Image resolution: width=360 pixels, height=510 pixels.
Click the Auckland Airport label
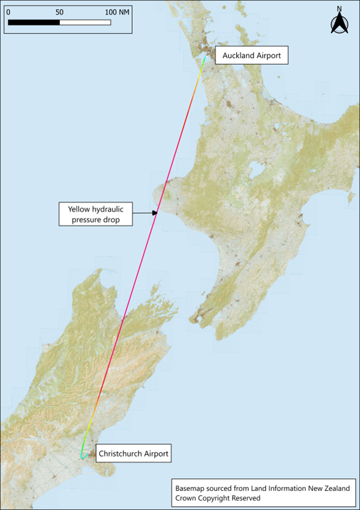pyautogui.click(x=251, y=56)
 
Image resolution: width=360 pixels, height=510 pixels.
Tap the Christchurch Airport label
pyautogui.click(x=133, y=454)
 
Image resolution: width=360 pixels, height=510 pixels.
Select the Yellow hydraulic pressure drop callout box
pyautogui.click(x=96, y=213)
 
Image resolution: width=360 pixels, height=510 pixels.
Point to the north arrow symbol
pyautogui.click(x=339, y=24)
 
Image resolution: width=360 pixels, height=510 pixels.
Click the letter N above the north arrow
pyautogui.click(x=339, y=9)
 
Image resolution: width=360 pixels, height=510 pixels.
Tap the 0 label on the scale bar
pyautogui.click(x=7, y=12)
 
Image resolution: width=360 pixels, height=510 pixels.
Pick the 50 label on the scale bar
pyautogui.click(x=59, y=12)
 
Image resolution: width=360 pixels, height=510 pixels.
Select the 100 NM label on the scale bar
pyautogui.click(x=116, y=12)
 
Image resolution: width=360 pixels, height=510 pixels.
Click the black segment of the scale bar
pyautogui.click(x=34, y=23)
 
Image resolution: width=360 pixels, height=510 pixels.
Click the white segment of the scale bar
pyautogui.click(x=85, y=23)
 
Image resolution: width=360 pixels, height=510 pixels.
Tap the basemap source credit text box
pyautogui.click(x=262, y=493)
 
